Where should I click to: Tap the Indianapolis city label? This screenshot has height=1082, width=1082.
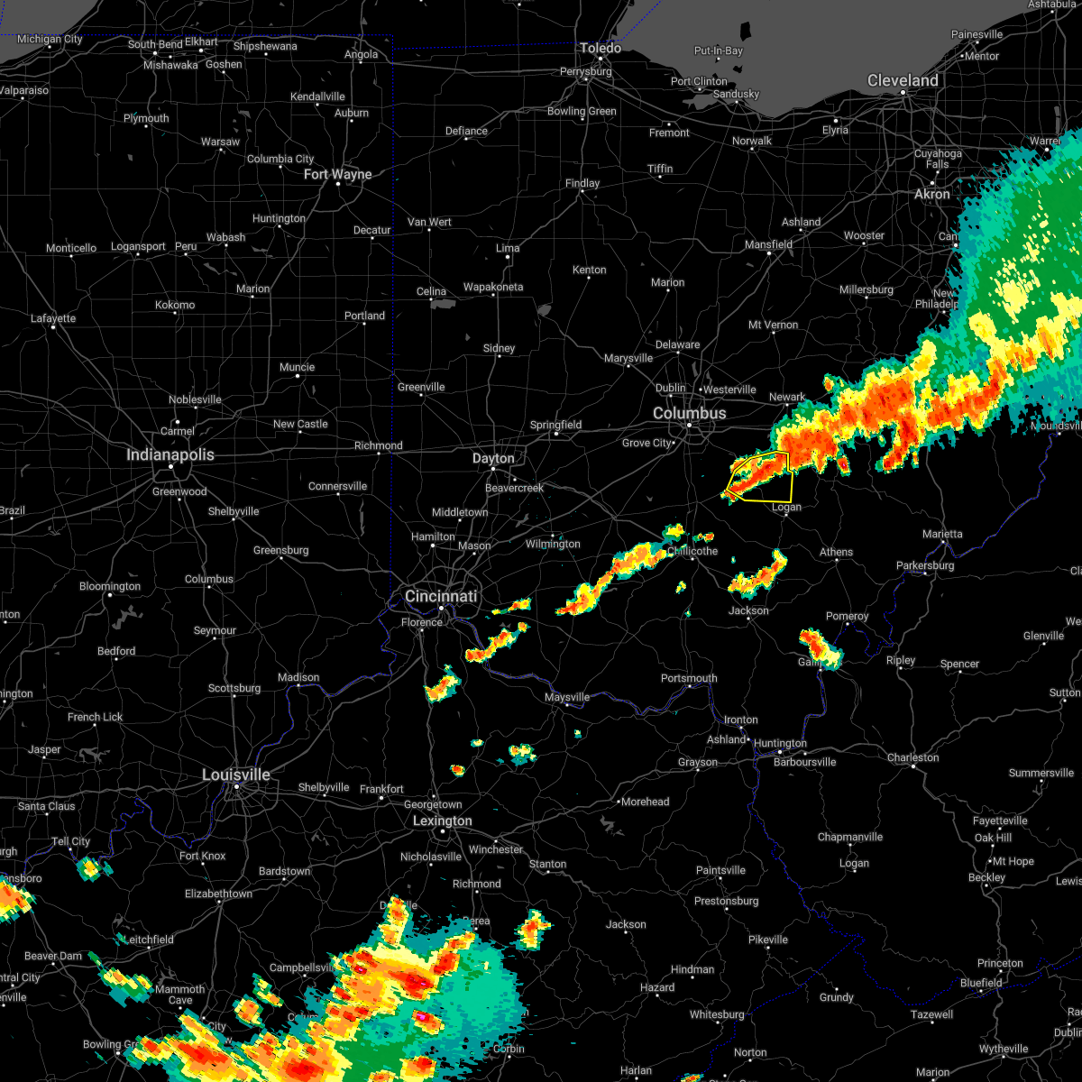coord(170,455)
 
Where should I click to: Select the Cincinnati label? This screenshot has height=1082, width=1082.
coord(440,597)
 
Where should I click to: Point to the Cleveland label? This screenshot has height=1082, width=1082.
coord(903,81)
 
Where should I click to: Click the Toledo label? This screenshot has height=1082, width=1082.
coord(601,49)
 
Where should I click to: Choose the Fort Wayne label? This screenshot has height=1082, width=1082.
coord(337,174)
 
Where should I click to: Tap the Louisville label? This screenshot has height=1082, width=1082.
coord(236,775)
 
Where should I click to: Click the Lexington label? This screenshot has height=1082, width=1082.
coord(442,821)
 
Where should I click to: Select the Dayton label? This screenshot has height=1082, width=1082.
coord(493,459)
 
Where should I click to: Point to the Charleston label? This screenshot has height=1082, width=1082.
coord(912,757)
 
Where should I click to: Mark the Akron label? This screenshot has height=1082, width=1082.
coord(931,194)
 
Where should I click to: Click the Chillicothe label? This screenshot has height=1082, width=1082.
coord(692,551)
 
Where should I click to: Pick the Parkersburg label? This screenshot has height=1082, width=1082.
coord(924,566)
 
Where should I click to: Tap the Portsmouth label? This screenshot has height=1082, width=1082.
coord(689,678)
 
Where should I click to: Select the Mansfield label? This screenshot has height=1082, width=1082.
coord(768,244)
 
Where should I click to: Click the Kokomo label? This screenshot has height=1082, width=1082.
coord(175,305)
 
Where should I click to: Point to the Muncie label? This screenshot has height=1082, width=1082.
coord(297,367)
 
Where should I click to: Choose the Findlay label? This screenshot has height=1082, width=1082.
coord(582,183)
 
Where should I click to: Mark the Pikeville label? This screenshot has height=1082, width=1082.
coord(768,940)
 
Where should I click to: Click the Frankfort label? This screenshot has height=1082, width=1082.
coord(381,789)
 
